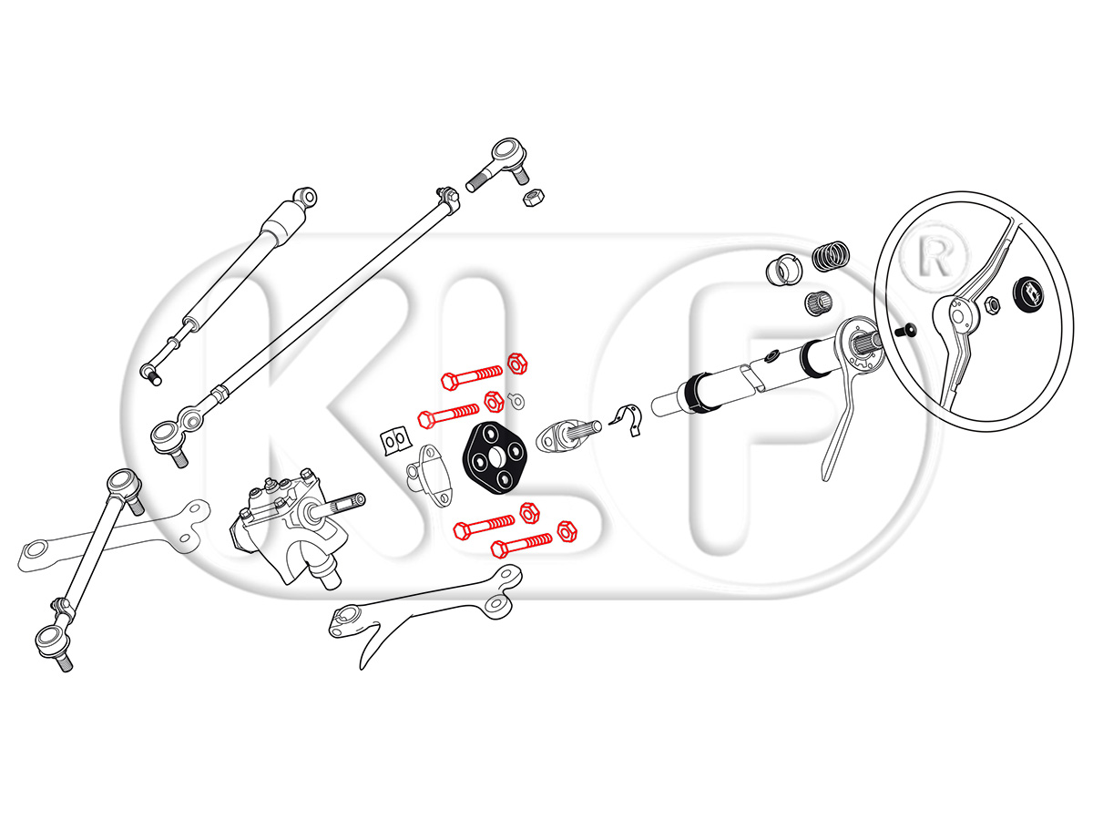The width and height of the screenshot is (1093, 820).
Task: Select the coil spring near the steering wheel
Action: [830, 256]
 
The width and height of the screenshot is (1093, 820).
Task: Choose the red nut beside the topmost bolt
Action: [516, 364]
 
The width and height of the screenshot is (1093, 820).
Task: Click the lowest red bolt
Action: [521, 546]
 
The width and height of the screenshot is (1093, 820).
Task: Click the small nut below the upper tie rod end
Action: [533, 197]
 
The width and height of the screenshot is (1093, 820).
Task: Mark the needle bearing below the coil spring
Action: [819, 302]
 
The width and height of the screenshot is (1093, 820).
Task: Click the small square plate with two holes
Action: [396, 441]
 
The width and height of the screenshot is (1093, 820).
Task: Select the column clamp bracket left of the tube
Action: [627, 419]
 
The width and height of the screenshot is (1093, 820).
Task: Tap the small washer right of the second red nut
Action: [516, 400]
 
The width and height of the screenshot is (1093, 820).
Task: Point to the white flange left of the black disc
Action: [429, 476]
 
